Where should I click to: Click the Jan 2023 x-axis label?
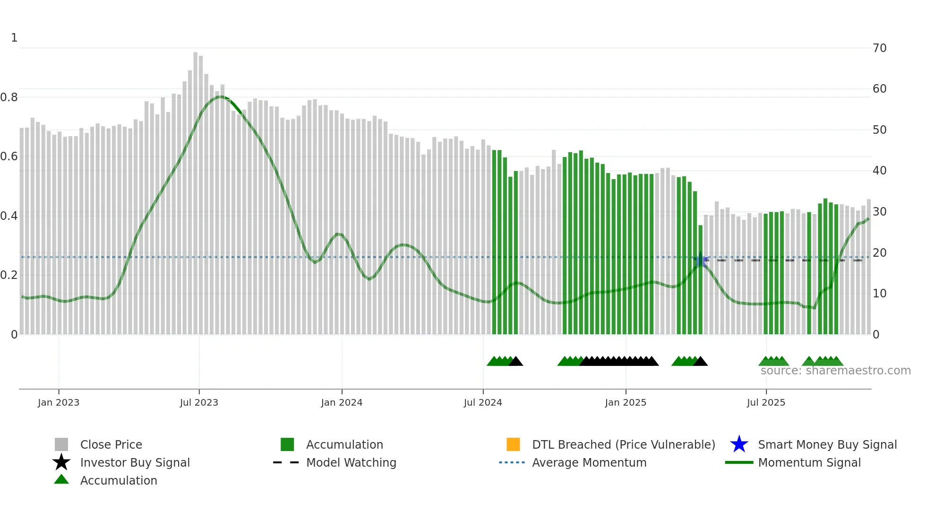tap(59, 402)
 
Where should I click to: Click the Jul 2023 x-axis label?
tap(199, 402)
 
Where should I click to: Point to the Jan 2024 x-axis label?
tap(342, 402)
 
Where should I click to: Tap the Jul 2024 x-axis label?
tap(483, 402)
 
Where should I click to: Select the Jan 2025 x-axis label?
tap(626, 402)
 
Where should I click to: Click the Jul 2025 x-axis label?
tap(766, 402)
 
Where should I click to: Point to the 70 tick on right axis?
tap(879, 48)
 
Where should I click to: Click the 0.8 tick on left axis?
tap(9, 97)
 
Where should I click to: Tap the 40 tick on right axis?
tap(879, 170)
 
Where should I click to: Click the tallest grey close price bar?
tap(196, 189)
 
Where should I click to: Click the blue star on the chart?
tap(701, 260)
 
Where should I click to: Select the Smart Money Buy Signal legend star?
tap(739, 444)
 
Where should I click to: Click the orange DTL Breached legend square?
tap(513, 444)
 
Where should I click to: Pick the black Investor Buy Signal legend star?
tap(61, 462)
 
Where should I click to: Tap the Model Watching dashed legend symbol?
tap(286, 462)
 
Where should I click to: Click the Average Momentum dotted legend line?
tap(512, 462)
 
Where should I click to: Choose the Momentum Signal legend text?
tap(809, 462)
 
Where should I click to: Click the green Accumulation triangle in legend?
tap(61, 479)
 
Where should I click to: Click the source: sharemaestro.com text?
tap(835, 371)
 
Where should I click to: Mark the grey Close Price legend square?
tap(61, 444)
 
